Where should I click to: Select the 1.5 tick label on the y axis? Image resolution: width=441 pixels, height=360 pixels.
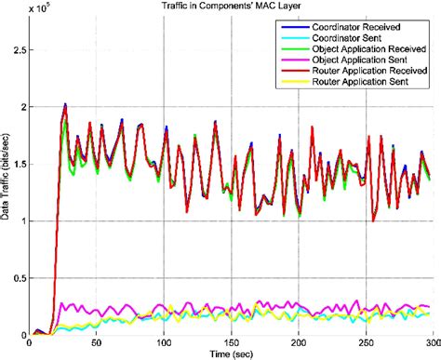[20, 163]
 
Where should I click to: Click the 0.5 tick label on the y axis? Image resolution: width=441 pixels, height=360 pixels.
[20, 277]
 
